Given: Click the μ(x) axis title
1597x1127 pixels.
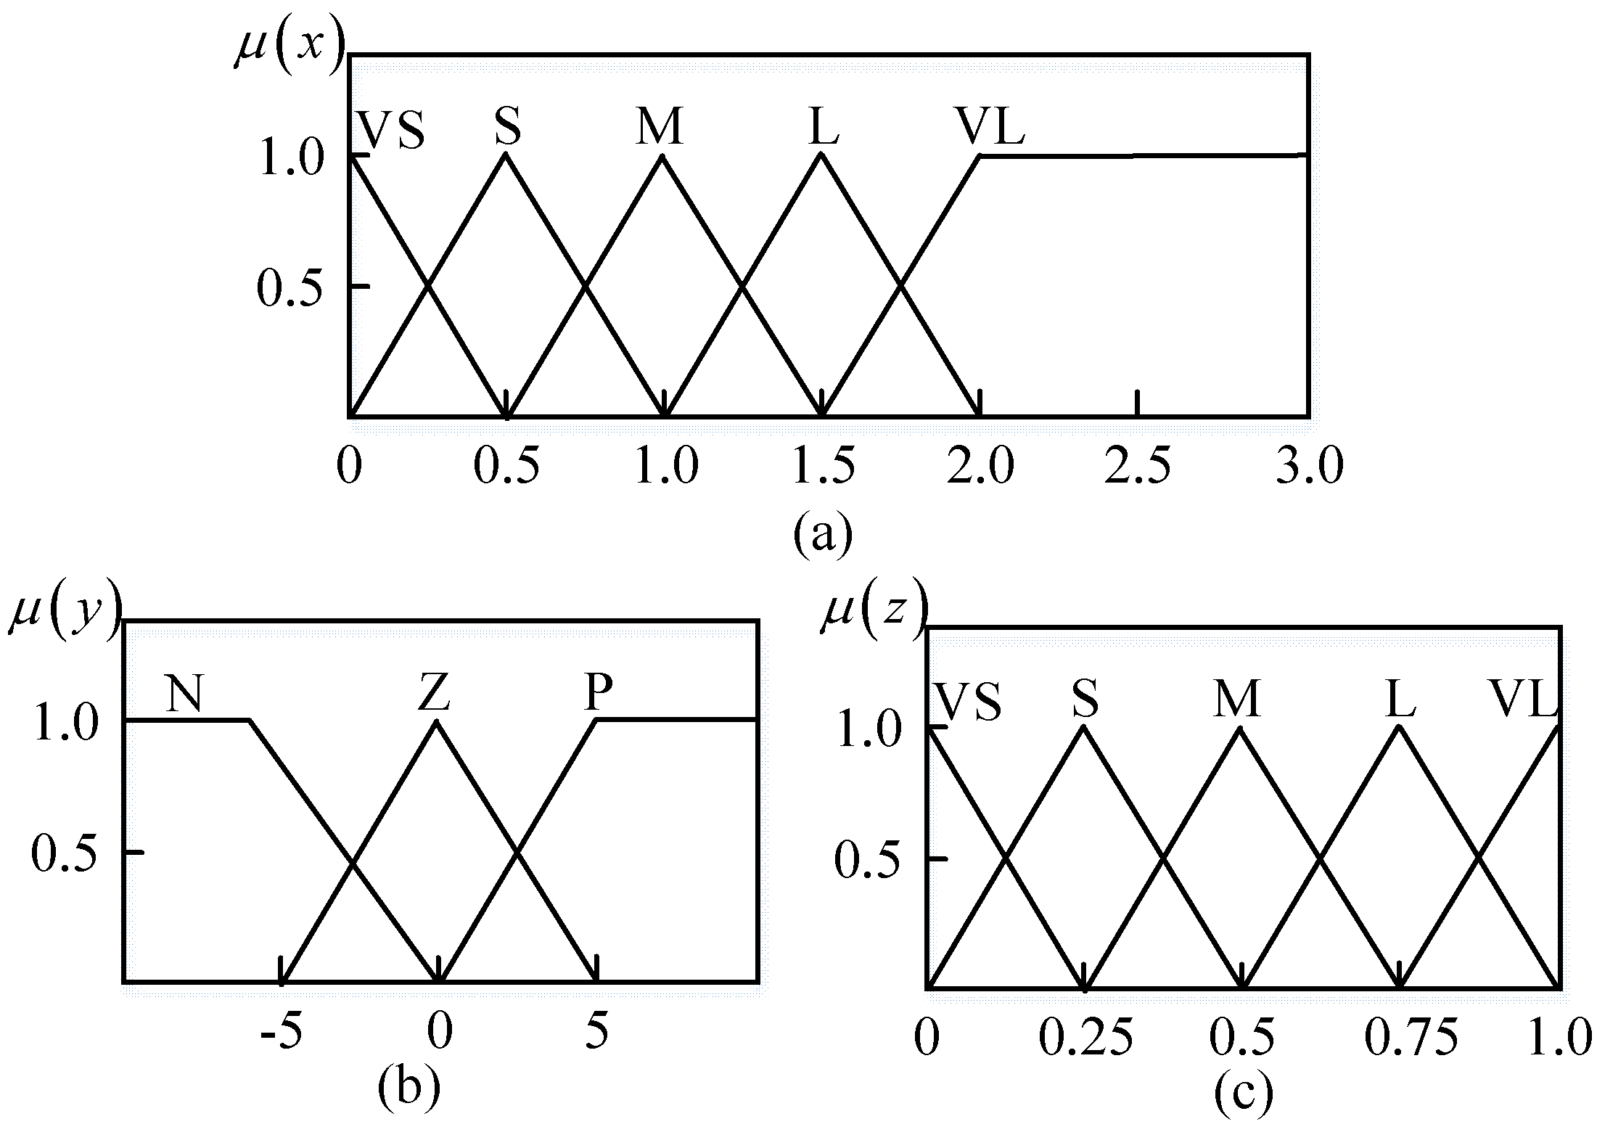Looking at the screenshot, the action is pos(289,48).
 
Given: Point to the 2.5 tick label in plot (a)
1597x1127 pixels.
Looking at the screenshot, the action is pos(1137,465).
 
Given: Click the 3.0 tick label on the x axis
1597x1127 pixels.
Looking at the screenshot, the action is pos(1310,465).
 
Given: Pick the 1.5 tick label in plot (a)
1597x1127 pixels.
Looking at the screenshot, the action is pos(823,465).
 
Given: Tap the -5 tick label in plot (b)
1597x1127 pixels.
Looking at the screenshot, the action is pos(281,1031).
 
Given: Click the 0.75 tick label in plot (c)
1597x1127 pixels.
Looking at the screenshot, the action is pos(1411,1037).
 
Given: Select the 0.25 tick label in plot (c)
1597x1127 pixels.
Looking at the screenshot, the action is pos(1085,1037).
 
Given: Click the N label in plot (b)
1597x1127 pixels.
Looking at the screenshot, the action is pos(184,693).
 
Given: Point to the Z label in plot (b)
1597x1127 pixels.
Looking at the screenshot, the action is pos(435,692).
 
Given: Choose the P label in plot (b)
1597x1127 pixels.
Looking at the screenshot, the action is pos(598,692).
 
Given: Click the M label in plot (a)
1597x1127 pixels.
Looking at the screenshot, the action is pos(660,126).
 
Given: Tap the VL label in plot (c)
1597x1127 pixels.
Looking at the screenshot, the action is pos(1522,699).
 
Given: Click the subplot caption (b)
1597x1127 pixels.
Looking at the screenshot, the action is pos(409,1086).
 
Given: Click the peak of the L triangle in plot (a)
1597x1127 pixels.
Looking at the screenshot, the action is pos(821,154).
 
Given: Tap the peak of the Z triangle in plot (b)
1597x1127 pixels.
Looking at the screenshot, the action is pos(435,721).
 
